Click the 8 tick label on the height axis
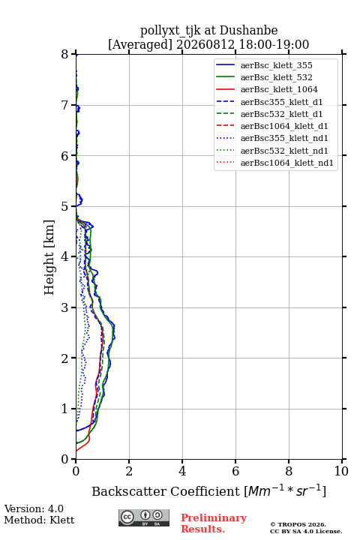65,55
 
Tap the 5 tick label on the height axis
65,207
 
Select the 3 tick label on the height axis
65,307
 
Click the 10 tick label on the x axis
341,471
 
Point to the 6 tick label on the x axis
235,471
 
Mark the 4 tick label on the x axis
182,471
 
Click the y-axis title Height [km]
49,257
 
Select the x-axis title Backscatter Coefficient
166,491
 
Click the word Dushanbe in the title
248,31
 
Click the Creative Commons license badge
144,517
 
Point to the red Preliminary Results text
214,523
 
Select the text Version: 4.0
34,509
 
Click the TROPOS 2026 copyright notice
298,524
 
